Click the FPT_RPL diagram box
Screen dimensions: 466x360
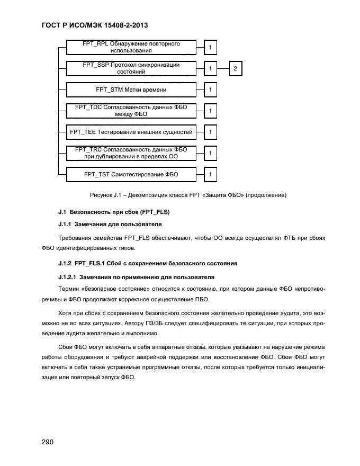click(131, 47)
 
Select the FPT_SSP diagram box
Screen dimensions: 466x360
click(131, 68)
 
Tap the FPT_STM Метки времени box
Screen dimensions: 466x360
click(131, 90)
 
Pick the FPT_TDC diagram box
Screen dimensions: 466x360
click(131, 111)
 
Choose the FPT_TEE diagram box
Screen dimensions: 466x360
click(131, 132)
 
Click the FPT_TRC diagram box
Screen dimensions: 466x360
click(131, 153)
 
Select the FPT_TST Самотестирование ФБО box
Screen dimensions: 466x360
click(131, 174)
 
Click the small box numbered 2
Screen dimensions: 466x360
click(236, 69)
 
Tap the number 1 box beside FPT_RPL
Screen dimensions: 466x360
click(210, 48)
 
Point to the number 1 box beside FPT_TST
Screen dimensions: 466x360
click(210, 174)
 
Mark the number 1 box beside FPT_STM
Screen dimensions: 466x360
click(210, 90)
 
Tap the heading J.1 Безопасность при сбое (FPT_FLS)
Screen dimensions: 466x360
click(113, 212)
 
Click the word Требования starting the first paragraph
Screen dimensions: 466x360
click(77, 238)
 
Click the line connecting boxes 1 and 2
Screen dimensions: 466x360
click(223, 69)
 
